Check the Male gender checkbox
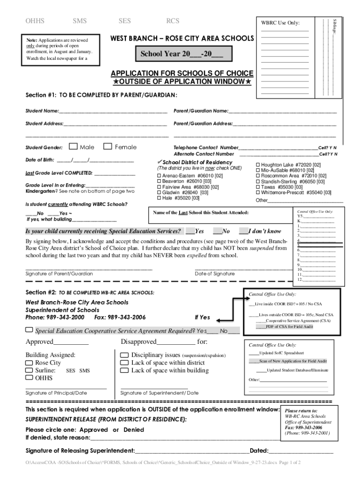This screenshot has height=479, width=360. pyautogui.click(x=73, y=147)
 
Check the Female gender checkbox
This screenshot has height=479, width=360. pyautogui.click(x=108, y=147)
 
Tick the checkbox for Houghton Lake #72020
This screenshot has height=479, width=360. pyautogui.click(x=257, y=165)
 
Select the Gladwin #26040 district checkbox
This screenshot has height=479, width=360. pyautogui.click(x=158, y=192)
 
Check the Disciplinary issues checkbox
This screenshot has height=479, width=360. pyautogui.click(x=124, y=356)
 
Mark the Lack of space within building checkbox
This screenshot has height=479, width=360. pyautogui.click(x=124, y=370)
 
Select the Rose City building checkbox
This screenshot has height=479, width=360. pyautogui.click(x=29, y=363)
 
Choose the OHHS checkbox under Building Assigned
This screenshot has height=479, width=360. pyautogui.click(x=29, y=378)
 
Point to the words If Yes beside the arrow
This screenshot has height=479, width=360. pyautogui.click(x=202, y=318)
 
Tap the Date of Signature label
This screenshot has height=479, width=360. pyautogui.click(x=215, y=274)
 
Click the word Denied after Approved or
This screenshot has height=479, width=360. pyautogui.click(x=133, y=429)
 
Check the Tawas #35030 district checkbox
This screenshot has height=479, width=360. pyautogui.click(x=257, y=187)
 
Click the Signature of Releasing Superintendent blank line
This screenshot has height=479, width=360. pyautogui.click(x=192, y=451)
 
